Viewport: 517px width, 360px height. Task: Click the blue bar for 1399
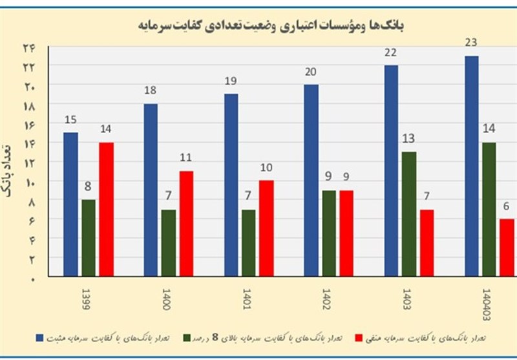tap(70, 204)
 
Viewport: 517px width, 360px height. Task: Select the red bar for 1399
tap(106, 209)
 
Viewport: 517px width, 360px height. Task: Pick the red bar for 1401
tap(266, 228)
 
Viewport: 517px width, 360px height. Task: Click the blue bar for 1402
tap(311, 180)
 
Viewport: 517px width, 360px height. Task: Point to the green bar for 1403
tap(409, 214)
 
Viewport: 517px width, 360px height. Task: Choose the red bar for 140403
tap(507, 248)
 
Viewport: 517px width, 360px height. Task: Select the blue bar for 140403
tap(472, 166)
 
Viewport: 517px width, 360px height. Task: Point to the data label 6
tap(506, 207)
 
